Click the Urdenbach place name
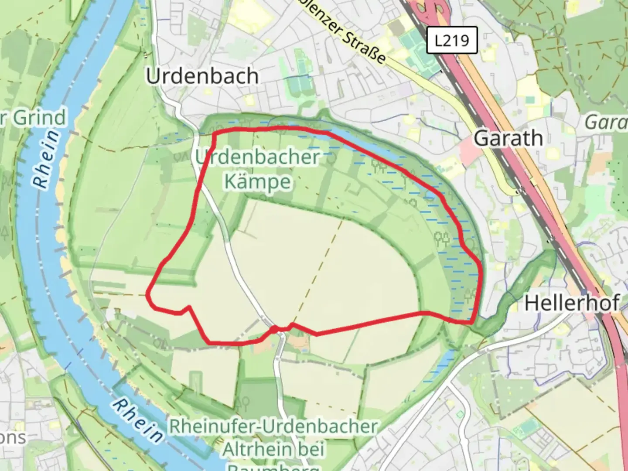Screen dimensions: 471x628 [202, 76]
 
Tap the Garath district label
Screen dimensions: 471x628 [508, 139]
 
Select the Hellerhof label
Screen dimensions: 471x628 [572, 303]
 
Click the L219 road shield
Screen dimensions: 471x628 [452, 41]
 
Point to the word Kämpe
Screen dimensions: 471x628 [257, 181]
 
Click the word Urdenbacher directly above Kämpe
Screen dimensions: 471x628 [257, 157]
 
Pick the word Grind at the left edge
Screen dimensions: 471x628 [39, 118]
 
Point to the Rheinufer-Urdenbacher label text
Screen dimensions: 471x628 [273, 427]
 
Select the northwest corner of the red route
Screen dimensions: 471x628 [215, 133]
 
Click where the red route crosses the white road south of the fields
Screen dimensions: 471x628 [276, 329]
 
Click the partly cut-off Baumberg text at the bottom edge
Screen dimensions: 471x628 [273, 467]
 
